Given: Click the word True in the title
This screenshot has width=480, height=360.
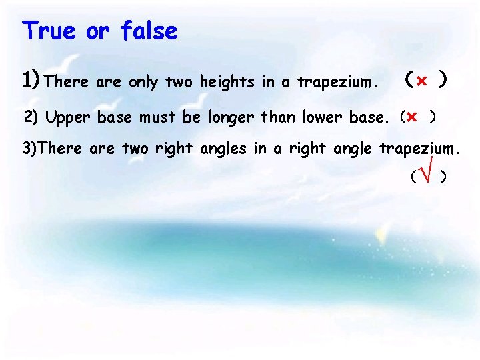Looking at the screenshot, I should (x=48, y=31).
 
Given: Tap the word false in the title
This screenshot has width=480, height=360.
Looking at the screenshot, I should (x=149, y=31).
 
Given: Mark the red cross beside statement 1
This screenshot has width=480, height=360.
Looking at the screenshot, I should (x=421, y=81).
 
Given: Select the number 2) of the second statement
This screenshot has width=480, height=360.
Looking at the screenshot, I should (x=32, y=118).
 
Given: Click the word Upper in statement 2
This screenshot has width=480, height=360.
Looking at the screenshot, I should (x=69, y=119).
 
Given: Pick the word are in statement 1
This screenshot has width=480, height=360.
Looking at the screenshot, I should (x=107, y=83).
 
